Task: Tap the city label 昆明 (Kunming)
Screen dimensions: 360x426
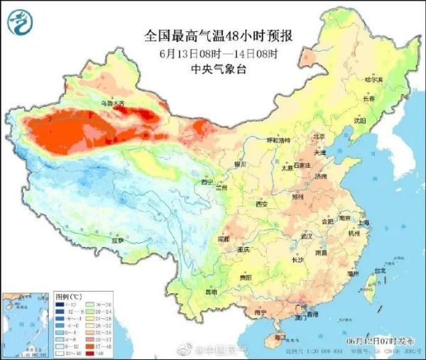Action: (x=211, y=291)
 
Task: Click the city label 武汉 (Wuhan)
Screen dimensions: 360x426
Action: (x=307, y=235)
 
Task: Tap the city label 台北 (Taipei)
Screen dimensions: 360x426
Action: (x=381, y=270)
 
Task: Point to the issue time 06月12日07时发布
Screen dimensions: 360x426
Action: (x=380, y=343)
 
